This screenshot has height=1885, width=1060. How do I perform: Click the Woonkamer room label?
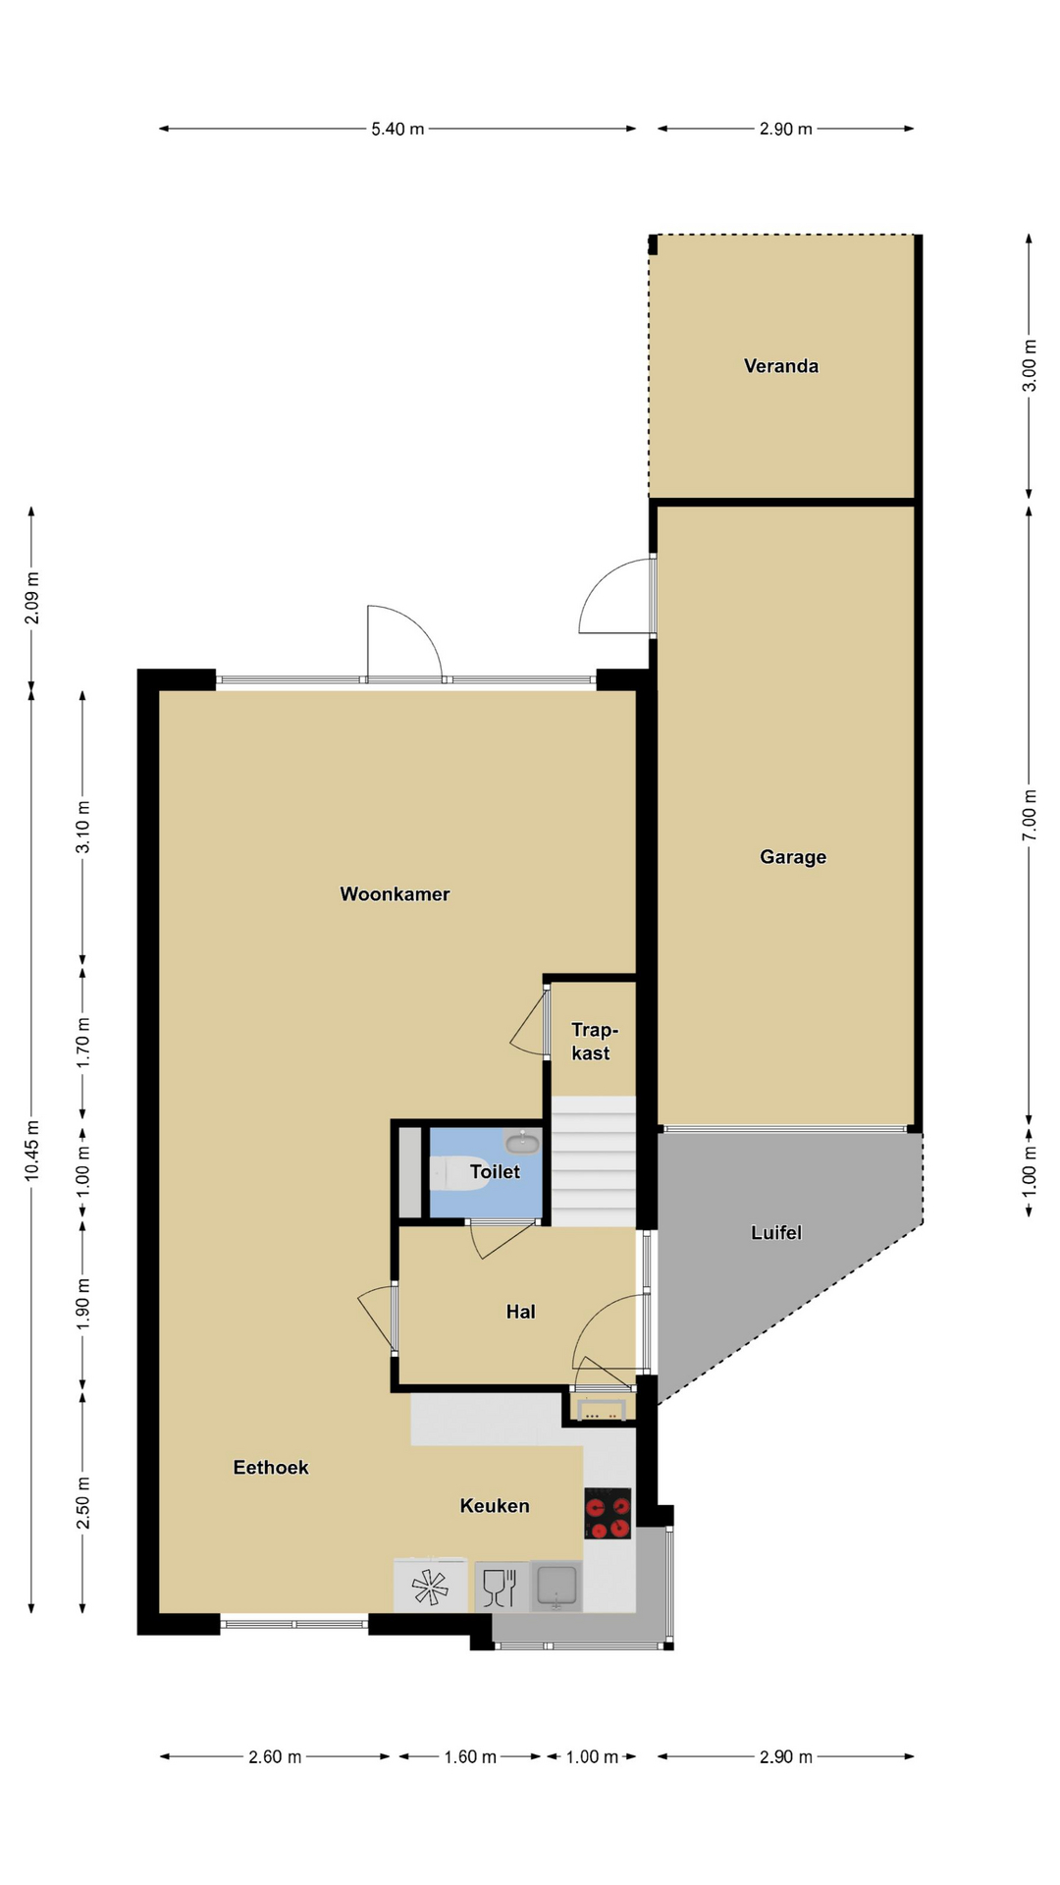click(x=395, y=894)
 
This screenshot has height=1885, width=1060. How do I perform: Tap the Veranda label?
click(x=781, y=366)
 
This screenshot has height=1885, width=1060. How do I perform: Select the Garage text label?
click(x=793, y=857)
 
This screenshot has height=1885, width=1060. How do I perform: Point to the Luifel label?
click(x=776, y=1232)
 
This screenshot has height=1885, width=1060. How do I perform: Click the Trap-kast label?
click(x=593, y=1042)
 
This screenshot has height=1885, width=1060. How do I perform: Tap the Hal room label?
click(x=521, y=1312)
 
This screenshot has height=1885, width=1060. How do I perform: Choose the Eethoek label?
click(x=271, y=1468)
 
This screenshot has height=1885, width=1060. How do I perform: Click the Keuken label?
click(x=495, y=1506)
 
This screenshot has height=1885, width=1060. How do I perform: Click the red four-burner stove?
click(x=608, y=1514)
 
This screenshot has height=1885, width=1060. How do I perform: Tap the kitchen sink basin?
click(x=556, y=1587)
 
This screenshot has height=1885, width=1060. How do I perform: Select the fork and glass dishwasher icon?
click(x=501, y=1587)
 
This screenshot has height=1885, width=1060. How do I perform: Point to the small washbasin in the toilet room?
click(x=522, y=1142)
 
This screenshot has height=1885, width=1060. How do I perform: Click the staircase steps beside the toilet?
click(x=593, y=1161)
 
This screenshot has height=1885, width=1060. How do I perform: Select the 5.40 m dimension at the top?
click(x=397, y=129)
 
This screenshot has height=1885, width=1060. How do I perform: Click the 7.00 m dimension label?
click(x=1029, y=815)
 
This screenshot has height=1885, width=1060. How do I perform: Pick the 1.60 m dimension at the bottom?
click(x=470, y=1756)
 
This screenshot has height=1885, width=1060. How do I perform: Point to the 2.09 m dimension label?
click(x=32, y=597)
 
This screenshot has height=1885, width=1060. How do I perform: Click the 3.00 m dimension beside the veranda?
click(x=1029, y=365)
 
